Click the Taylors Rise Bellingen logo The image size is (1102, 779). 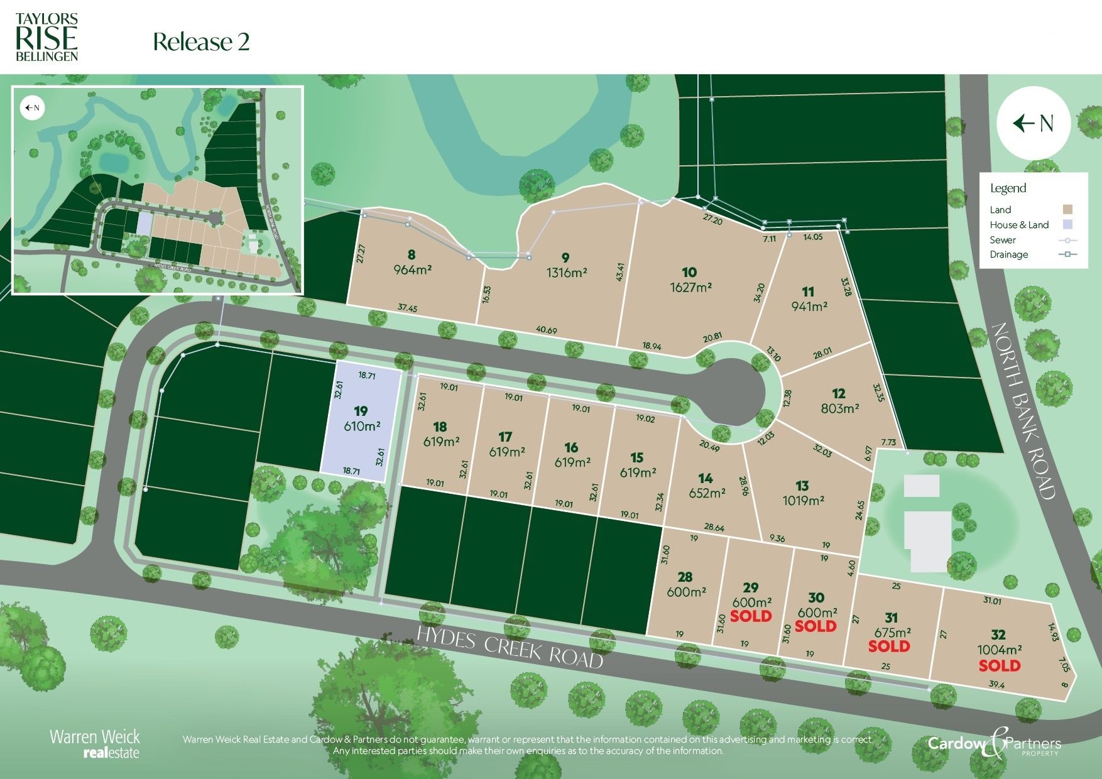(x=46, y=36)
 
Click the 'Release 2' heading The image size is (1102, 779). (x=201, y=42)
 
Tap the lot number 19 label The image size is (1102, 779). (x=361, y=411)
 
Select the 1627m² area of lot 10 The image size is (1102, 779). (x=690, y=287)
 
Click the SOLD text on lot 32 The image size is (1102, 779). (x=1000, y=665)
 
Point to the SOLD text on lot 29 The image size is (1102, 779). (x=751, y=616)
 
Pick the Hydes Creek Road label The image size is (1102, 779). (x=510, y=646)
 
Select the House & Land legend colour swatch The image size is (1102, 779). (x=1067, y=224)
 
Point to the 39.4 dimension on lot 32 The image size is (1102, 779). (x=997, y=685)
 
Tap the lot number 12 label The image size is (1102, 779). (x=839, y=394)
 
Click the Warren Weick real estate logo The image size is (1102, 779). (x=95, y=743)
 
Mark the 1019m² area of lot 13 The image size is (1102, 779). (x=803, y=501)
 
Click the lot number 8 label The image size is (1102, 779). (x=412, y=254)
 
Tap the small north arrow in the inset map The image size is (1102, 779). (x=32, y=107)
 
